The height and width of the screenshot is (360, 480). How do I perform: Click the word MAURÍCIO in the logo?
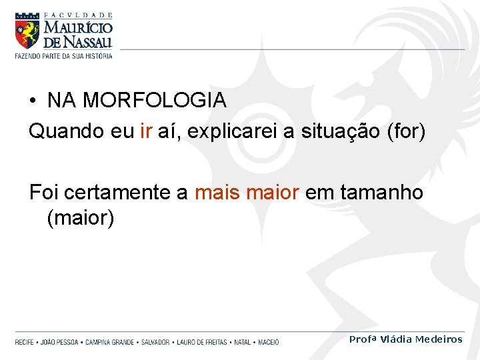(79, 28)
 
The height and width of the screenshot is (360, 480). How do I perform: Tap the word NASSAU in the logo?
(88, 43)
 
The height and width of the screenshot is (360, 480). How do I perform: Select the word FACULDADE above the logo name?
(78, 15)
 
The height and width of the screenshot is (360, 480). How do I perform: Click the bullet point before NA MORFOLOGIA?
(33, 101)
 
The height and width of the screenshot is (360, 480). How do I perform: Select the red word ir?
(147, 131)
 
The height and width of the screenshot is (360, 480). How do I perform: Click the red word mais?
(217, 193)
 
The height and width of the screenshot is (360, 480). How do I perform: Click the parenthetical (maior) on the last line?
(81, 217)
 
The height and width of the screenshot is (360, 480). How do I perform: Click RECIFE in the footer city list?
(25, 342)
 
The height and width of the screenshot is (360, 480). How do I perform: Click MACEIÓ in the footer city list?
(268, 342)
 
